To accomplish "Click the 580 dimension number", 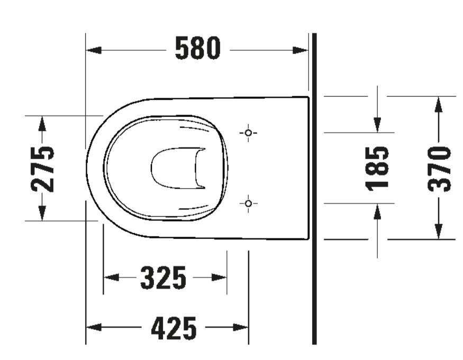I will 197,50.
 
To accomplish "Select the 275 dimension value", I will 42,168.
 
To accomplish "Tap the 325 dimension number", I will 164,278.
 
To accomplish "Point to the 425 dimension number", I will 174,328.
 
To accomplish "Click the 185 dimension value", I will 378,168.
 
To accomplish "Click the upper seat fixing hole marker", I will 248,133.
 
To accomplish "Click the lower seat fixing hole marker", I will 248,203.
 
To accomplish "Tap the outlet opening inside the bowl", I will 178,168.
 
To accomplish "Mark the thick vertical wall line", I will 314,211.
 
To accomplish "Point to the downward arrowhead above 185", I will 377,125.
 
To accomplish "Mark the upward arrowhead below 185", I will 377,211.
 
